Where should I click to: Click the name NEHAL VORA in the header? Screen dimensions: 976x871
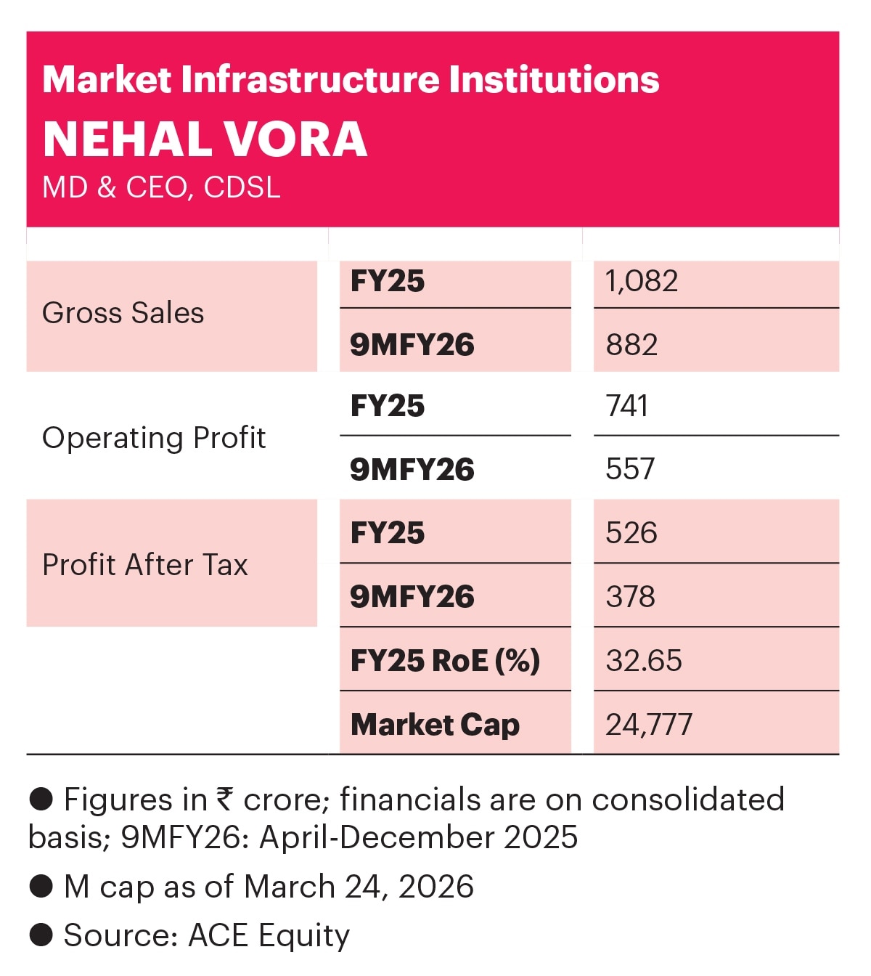coord(205,139)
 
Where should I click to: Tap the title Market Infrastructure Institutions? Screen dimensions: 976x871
coord(351,80)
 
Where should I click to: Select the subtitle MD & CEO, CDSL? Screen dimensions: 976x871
coord(161,187)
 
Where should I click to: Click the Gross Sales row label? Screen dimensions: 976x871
coord(123,313)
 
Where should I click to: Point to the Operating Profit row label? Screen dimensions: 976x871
coord(154,438)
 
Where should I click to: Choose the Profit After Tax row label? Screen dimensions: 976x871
coord(145,565)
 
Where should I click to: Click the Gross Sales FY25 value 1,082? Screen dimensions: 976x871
coord(642,281)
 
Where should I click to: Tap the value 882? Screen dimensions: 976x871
coord(631,344)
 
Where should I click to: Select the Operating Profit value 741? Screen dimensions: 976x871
coord(627,406)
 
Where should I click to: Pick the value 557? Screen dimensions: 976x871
coord(630,469)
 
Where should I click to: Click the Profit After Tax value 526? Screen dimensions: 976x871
coord(631,533)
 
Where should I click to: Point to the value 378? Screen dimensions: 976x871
coord(630,597)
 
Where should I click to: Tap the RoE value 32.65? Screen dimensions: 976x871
coord(644,661)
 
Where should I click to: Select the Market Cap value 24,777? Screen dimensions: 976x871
coord(649,725)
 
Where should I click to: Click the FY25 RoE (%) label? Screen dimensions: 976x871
coord(445,661)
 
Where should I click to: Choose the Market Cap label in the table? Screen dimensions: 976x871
coord(435,725)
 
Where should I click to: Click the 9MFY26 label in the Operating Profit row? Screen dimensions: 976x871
coord(412,470)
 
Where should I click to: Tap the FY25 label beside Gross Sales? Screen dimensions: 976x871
coord(388,281)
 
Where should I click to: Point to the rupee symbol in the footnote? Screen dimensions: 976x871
coord(225,800)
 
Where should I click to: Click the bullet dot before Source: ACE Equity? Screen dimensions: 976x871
coord(41,935)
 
